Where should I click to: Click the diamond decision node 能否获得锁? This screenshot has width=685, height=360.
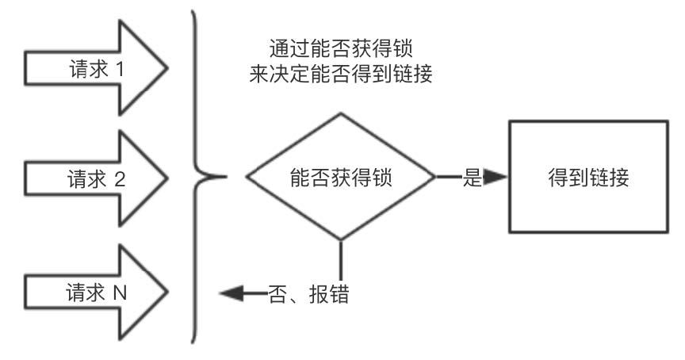click(x=341, y=177)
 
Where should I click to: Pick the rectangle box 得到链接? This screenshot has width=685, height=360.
click(x=588, y=177)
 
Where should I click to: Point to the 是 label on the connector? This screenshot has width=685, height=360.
click(x=472, y=178)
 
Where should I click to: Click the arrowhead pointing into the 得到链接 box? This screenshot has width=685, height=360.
click(x=496, y=177)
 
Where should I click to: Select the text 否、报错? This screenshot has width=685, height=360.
click(x=308, y=293)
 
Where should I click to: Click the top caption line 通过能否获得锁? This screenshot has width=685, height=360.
click(x=341, y=48)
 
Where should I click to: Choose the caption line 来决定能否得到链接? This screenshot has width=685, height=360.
click(x=341, y=74)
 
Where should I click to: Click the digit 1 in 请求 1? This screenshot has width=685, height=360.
click(x=120, y=69)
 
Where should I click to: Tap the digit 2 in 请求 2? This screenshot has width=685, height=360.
click(x=120, y=179)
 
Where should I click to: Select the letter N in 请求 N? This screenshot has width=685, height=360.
click(x=120, y=293)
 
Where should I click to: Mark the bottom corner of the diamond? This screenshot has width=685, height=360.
click(x=341, y=240)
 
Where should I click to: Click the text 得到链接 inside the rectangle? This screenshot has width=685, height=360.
click(x=588, y=178)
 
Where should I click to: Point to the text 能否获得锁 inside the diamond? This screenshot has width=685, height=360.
click(x=341, y=178)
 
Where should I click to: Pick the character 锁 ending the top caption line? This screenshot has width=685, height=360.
click(x=403, y=48)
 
